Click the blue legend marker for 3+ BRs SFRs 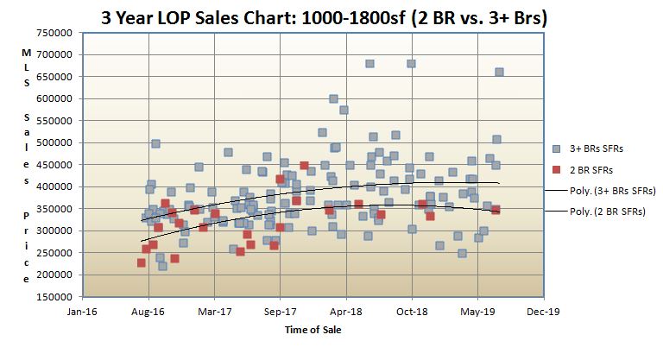pyautogui.click(x=556, y=148)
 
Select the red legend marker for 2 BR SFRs pyautogui.click(x=556, y=169)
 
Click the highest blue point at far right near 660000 pyautogui.click(x=499, y=73)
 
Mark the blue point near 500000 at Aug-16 pyautogui.click(x=155, y=144)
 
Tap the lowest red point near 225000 pyautogui.click(x=141, y=263)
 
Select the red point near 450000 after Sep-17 pyautogui.click(x=304, y=166)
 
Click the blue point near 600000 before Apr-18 pyautogui.click(x=333, y=99)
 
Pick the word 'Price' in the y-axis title pyautogui.click(x=27, y=243)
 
